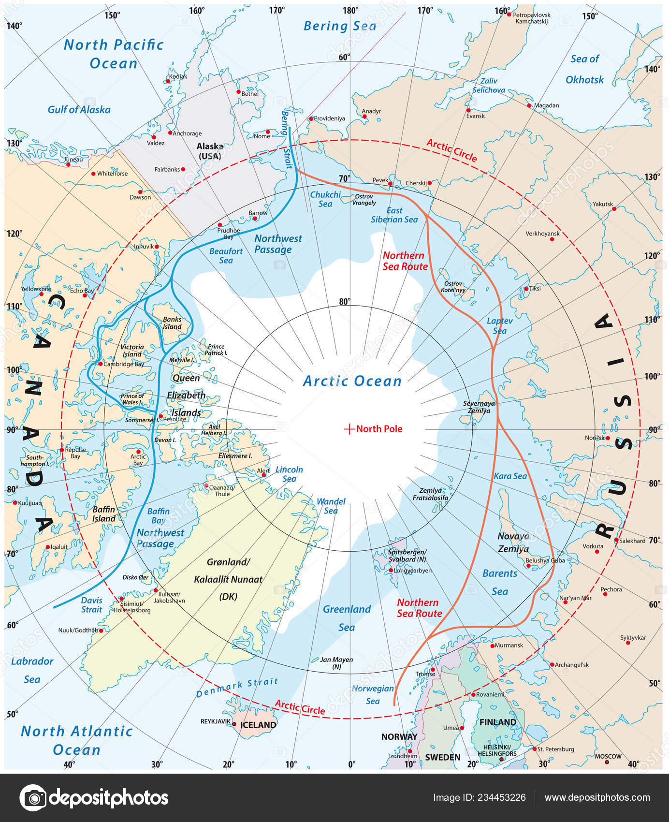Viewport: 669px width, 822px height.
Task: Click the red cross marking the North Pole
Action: click(x=349, y=429)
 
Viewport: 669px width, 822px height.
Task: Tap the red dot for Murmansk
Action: click(x=493, y=646)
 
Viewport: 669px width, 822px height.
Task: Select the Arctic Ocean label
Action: click(x=352, y=381)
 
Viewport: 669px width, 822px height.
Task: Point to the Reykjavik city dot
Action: click(x=234, y=724)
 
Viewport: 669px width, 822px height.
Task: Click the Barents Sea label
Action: click(x=500, y=582)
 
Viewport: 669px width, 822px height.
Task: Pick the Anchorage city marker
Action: click(x=170, y=133)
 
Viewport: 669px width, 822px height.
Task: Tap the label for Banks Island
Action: click(x=172, y=323)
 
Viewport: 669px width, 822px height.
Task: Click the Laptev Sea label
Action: click(x=500, y=326)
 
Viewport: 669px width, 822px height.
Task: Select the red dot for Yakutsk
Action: click(x=614, y=209)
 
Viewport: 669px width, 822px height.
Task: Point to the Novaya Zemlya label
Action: click(x=513, y=543)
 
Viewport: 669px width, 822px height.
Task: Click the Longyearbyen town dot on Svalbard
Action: click(x=391, y=571)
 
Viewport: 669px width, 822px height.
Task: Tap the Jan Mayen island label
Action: click(x=336, y=662)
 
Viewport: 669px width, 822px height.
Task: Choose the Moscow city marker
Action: click(x=607, y=763)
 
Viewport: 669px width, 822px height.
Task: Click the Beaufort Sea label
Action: click(x=226, y=256)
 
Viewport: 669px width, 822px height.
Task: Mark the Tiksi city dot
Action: click(x=526, y=289)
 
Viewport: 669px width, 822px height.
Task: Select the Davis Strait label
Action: click(x=91, y=605)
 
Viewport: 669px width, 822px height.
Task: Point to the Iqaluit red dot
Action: click(x=47, y=547)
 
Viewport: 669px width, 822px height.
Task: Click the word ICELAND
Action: click(x=258, y=725)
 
